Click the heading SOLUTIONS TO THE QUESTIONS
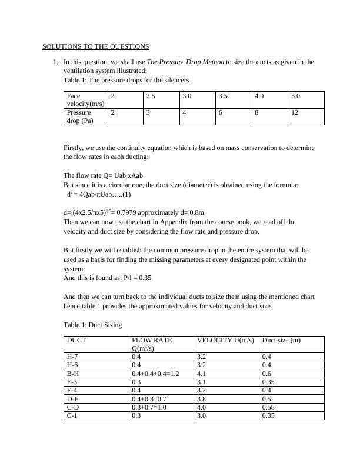pos(96,46)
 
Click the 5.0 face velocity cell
pos(295,95)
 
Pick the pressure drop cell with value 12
pos(294,112)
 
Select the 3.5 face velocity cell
pos(224,95)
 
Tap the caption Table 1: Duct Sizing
pos(92,324)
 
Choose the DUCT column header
pos(76,340)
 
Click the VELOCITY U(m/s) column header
pos(225,340)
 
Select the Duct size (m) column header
pos(281,340)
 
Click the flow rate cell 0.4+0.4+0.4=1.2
pos(155,373)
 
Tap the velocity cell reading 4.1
pos(202,373)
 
